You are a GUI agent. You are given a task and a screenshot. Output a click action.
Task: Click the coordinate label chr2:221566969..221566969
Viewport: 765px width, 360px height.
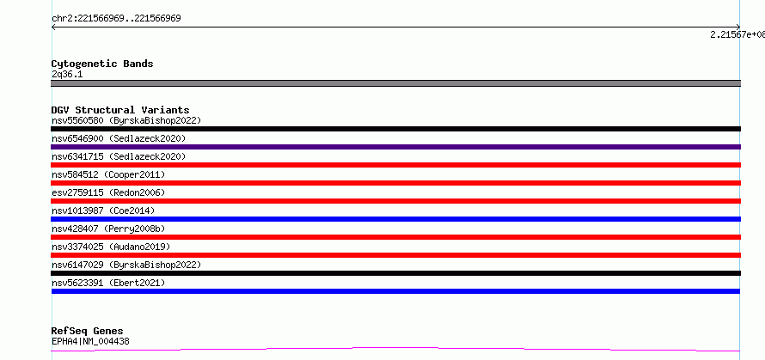click(116, 19)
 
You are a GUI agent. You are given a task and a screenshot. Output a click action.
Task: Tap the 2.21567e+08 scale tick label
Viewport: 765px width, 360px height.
click(737, 34)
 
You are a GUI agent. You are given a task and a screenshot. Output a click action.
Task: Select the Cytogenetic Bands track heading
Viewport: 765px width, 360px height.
click(102, 64)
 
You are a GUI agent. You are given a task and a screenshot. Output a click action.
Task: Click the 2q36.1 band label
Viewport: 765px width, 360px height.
click(67, 74)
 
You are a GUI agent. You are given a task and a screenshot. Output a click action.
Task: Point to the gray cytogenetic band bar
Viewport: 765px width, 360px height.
click(395, 83)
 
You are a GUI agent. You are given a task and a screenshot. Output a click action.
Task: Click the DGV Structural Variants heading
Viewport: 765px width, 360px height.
click(120, 110)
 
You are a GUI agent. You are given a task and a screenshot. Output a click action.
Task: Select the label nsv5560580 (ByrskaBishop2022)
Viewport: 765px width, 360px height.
click(126, 120)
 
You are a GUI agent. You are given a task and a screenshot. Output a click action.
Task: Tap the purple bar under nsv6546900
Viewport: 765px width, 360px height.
click(395, 147)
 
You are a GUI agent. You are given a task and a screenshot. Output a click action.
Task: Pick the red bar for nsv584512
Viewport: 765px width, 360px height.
click(395, 183)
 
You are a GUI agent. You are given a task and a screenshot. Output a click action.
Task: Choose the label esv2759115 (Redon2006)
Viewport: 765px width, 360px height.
click(108, 192)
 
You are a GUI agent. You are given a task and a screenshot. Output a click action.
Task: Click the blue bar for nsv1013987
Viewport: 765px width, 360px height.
click(395, 219)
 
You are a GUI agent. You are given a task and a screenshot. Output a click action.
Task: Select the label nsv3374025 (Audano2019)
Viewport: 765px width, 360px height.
click(111, 247)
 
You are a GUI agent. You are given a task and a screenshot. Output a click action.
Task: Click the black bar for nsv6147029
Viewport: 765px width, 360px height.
click(395, 273)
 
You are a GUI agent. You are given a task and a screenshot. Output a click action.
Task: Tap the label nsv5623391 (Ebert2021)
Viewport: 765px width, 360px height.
click(108, 283)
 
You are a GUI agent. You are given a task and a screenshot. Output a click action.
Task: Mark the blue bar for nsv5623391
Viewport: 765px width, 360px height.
click(395, 291)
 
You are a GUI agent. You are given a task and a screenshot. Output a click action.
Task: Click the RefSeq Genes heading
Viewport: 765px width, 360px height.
click(88, 331)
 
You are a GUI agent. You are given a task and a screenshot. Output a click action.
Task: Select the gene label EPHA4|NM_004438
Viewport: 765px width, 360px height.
click(90, 341)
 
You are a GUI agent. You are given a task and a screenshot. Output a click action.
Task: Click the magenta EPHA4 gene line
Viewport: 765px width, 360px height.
click(395, 348)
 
